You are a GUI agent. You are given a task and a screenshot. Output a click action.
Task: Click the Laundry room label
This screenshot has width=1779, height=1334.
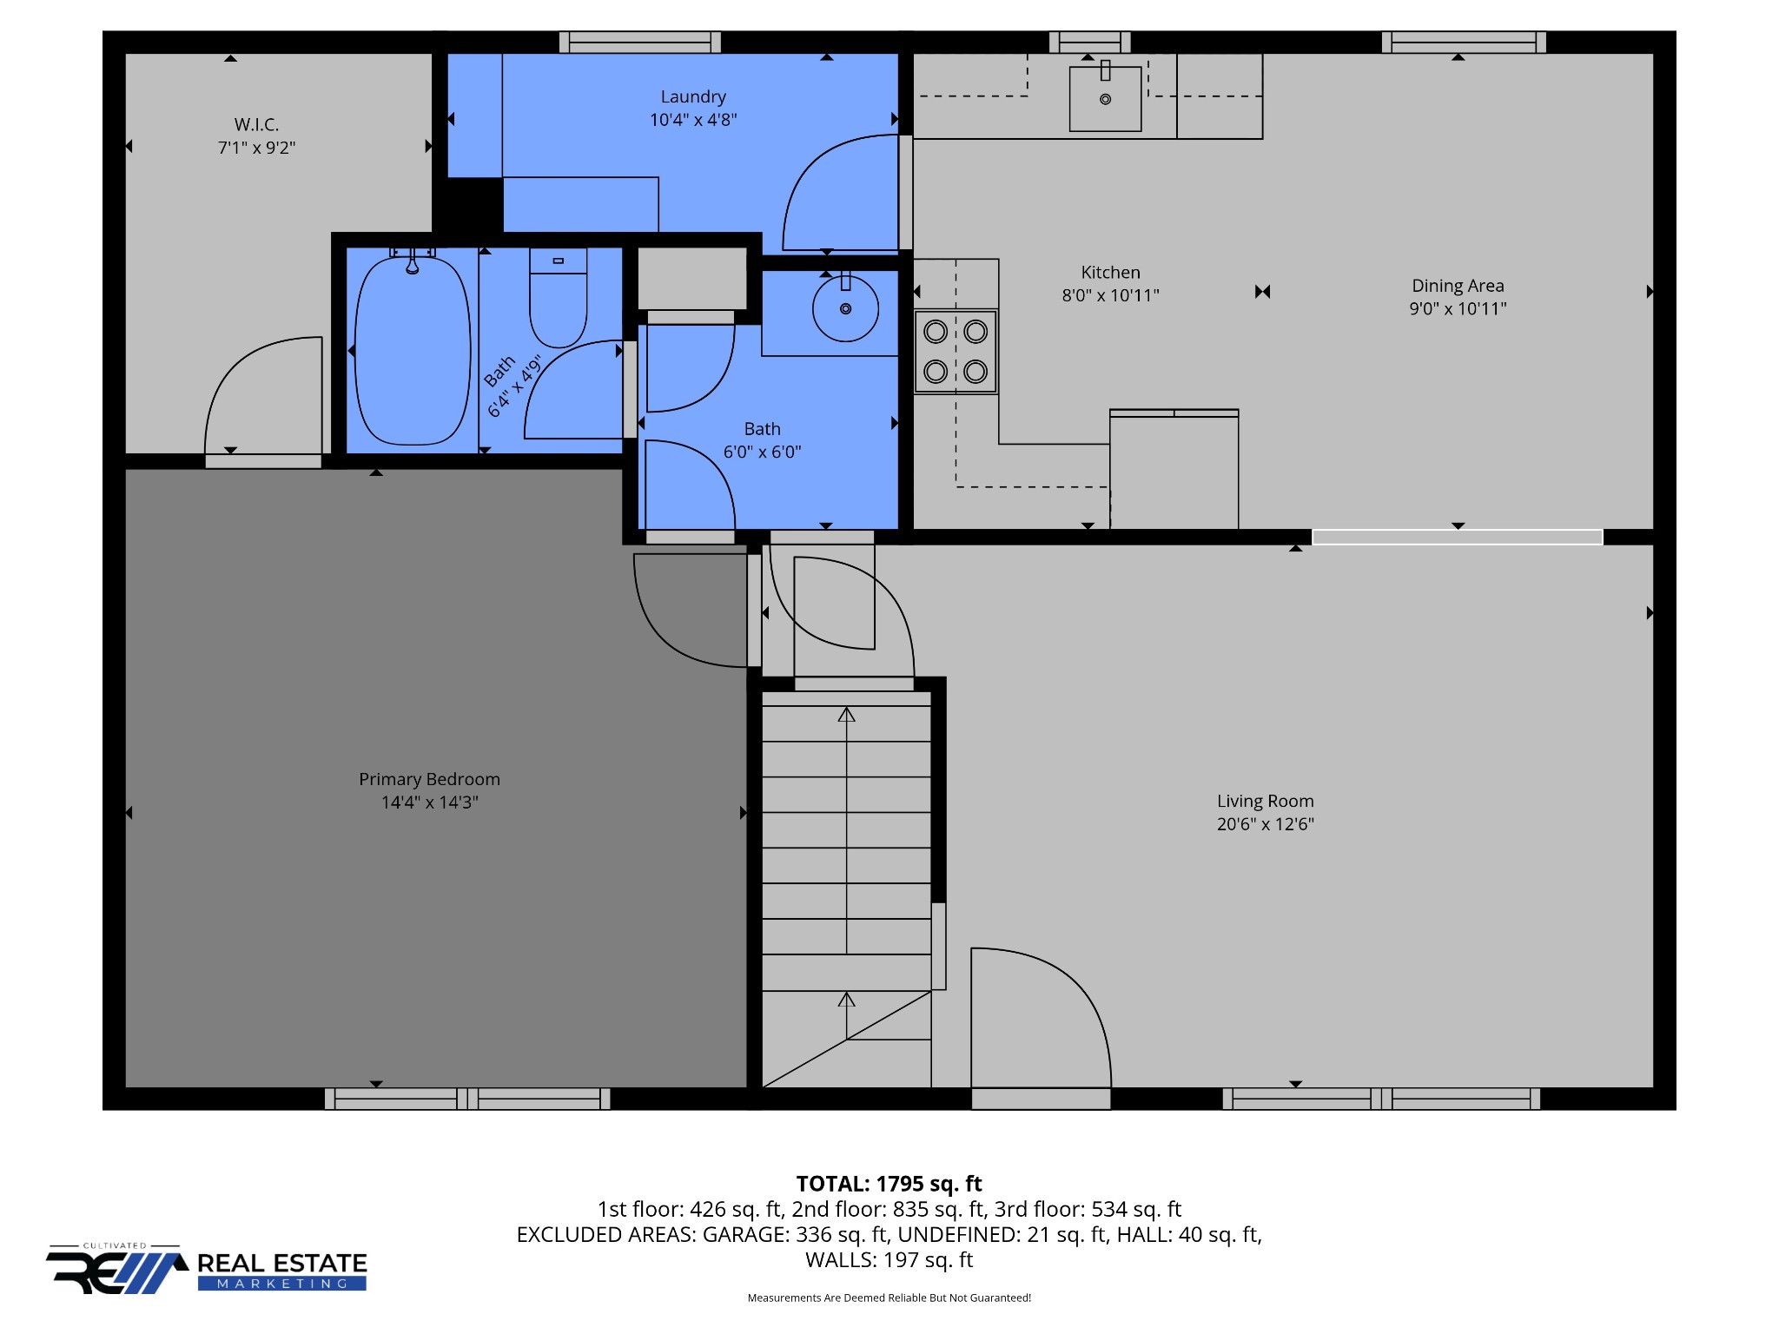click(693, 97)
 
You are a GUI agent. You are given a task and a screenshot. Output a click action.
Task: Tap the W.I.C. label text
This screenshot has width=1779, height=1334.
click(256, 125)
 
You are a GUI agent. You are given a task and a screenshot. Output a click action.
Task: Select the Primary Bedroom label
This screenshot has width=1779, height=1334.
click(429, 779)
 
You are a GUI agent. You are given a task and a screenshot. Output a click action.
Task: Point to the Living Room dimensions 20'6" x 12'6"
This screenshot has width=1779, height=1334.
click(1265, 824)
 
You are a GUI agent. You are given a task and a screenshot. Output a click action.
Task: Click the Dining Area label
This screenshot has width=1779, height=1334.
click(1458, 286)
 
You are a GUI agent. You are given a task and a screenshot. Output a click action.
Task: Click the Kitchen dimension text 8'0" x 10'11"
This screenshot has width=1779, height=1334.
click(1110, 295)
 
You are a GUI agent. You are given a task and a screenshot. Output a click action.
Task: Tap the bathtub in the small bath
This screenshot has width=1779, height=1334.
click(413, 348)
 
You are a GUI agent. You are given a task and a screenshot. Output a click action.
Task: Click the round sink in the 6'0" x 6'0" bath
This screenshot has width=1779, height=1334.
click(845, 307)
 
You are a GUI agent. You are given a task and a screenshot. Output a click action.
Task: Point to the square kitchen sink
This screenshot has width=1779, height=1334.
click(1105, 98)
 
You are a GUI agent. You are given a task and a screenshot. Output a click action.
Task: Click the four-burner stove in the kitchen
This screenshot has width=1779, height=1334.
click(956, 352)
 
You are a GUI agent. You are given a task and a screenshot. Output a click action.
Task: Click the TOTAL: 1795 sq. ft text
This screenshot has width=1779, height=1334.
click(889, 1184)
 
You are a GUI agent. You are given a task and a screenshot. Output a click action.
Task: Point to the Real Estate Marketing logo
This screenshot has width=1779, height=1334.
click(207, 1269)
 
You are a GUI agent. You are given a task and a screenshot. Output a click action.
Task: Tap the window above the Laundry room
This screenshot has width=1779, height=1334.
click(640, 42)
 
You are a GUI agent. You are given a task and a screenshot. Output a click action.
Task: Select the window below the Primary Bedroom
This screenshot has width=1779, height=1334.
click(467, 1099)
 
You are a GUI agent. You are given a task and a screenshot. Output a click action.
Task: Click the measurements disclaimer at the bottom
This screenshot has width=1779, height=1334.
click(889, 1298)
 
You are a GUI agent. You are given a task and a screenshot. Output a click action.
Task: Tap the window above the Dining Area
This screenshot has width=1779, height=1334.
click(1464, 42)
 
